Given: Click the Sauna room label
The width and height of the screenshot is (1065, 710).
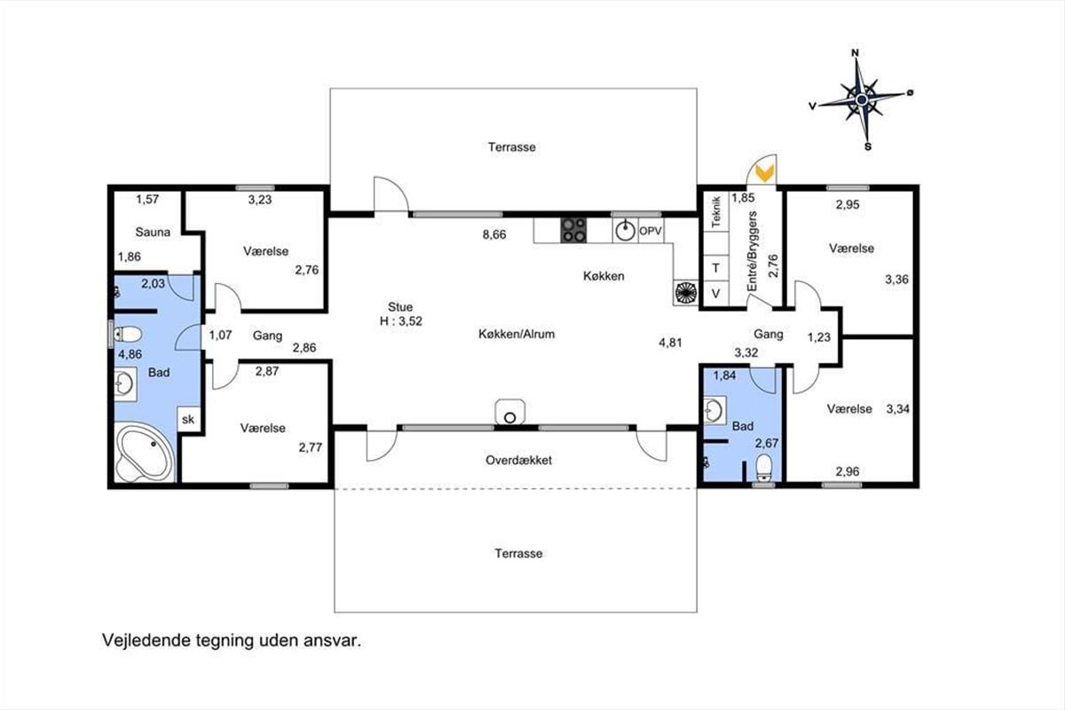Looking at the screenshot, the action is click(x=153, y=232).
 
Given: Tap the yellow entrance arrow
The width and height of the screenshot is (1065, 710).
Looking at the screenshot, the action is click(x=765, y=173).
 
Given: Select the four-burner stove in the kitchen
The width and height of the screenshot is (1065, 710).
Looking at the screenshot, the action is click(x=574, y=230).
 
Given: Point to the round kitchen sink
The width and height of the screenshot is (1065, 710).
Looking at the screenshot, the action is click(x=625, y=231).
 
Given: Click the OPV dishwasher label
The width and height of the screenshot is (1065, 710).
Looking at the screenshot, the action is click(x=650, y=231).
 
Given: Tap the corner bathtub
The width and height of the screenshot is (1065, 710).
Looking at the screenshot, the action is click(x=145, y=453).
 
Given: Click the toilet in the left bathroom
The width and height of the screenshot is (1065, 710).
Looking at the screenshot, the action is click(x=126, y=334).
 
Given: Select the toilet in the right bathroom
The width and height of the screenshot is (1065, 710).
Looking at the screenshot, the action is click(x=764, y=468).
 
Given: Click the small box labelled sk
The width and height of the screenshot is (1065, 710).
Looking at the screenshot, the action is click(x=189, y=419).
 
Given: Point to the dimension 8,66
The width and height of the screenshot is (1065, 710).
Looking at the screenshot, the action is click(x=494, y=234).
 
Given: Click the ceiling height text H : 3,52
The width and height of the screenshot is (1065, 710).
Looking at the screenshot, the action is click(x=401, y=321).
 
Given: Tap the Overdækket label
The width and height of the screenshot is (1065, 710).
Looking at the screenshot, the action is click(x=518, y=461).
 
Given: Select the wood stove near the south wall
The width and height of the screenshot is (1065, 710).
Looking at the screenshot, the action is click(x=510, y=412).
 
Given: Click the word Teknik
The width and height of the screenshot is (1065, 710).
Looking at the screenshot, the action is click(x=716, y=211).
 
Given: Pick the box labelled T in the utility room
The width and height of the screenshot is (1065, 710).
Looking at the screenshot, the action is click(x=716, y=268).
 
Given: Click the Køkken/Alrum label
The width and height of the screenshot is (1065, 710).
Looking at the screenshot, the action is click(x=517, y=335).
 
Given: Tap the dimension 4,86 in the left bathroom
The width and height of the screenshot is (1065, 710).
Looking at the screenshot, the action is click(x=130, y=354).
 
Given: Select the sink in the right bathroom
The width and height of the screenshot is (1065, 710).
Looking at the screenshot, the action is click(x=714, y=410).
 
